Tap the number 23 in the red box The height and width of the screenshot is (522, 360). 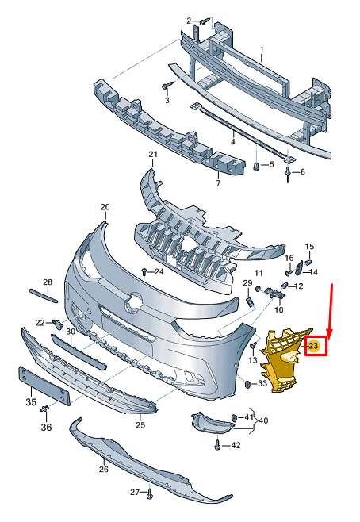click(x=313, y=346)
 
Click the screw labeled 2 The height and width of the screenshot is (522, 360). click(x=204, y=21)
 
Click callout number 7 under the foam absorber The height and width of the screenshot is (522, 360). click(x=218, y=184)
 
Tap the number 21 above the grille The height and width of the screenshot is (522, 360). click(x=153, y=154)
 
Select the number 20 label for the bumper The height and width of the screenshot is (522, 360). click(x=105, y=207)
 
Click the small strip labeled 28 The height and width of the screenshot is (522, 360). click(x=43, y=296)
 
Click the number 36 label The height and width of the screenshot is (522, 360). click(x=46, y=428)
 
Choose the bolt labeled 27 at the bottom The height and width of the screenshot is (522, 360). click(x=148, y=494)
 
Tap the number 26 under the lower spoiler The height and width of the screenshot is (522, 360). click(x=104, y=468)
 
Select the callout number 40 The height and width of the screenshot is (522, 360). click(x=262, y=420)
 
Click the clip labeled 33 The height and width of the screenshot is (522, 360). click(x=248, y=384)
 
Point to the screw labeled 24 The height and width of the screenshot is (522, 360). click(x=144, y=272)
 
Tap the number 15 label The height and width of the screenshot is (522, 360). click(x=310, y=247)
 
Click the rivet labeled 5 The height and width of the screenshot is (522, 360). click(x=256, y=167)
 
